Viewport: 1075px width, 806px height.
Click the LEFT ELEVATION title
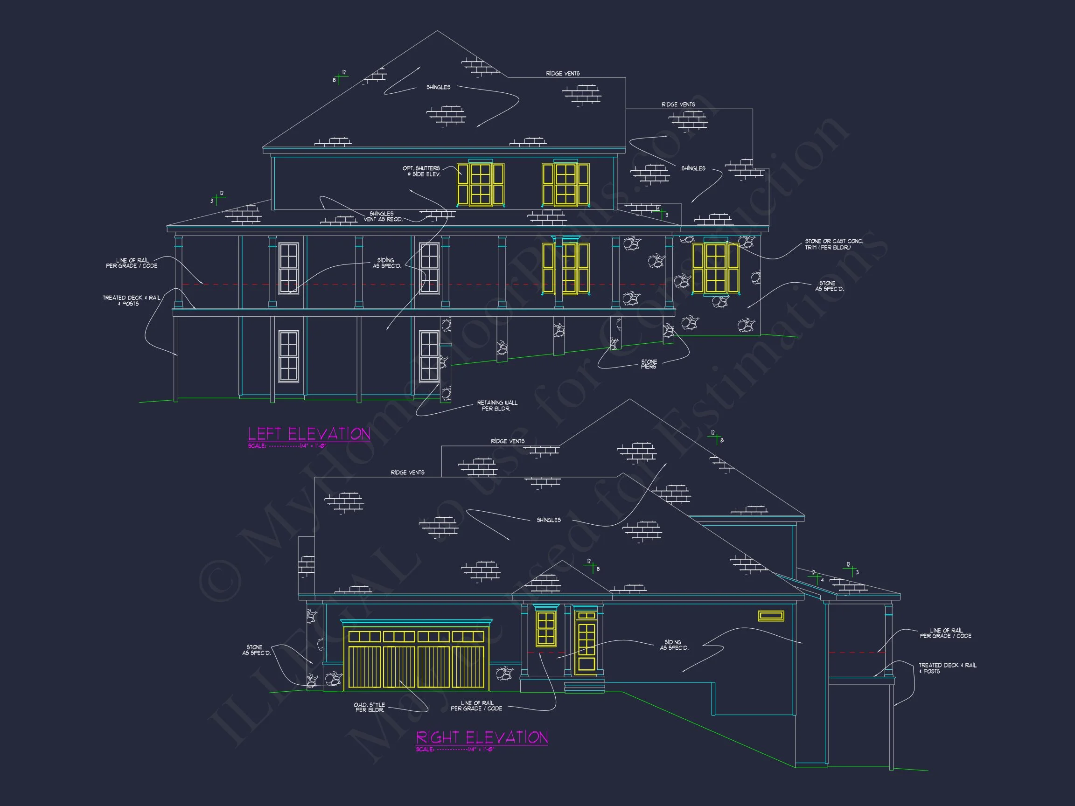click(309, 434)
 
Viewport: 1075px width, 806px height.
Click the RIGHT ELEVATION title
click(482, 737)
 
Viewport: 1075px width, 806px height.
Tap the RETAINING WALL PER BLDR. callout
click(497, 406)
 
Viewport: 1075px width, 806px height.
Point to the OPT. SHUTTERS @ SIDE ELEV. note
click(422, 171)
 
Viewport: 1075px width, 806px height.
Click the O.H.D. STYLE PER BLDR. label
click(370, 708)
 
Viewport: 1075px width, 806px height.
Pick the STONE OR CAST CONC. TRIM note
click(833, 244)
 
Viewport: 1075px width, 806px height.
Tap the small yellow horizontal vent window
click(771, 616)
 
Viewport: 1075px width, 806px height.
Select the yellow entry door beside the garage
click(586, 643)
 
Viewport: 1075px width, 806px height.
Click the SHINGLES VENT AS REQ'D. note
click(383, 217)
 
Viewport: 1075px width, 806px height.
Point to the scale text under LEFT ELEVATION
click(287, 446)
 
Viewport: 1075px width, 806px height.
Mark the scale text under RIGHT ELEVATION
click(455, 750)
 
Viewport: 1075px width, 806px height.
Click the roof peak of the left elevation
click(437, 32)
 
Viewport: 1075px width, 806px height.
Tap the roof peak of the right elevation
click(630, 400)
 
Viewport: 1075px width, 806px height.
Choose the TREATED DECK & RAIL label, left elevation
click(131, 301)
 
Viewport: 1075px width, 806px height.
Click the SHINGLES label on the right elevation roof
click(549, 521)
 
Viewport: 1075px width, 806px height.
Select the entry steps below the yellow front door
click(584, 687)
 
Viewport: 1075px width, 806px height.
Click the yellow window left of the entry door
click(546, 629)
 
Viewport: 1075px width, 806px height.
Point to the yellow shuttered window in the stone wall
click(715, 268)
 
